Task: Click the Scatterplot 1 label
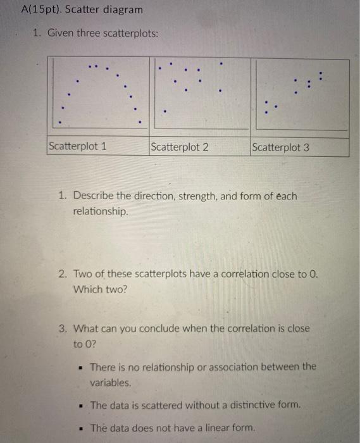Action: (77, 147)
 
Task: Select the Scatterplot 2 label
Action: (180, 147)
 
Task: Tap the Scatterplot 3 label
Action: (280, 147)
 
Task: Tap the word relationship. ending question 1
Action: (101, 211)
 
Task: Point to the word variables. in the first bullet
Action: (111, 382)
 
